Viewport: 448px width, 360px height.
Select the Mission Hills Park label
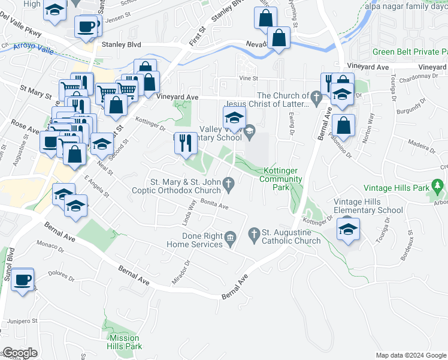[125, 342]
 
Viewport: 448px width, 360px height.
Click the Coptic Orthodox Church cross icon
[228, 182]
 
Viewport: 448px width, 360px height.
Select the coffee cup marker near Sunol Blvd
[23, 280]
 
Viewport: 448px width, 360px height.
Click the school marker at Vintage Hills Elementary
[347, 229]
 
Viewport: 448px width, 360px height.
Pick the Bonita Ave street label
[215, 205]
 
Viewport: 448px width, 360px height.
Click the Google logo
[20, 352]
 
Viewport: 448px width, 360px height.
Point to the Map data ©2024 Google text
[410, 355]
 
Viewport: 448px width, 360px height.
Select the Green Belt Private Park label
[410, 52]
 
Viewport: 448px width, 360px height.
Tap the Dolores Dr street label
[61, 274]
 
